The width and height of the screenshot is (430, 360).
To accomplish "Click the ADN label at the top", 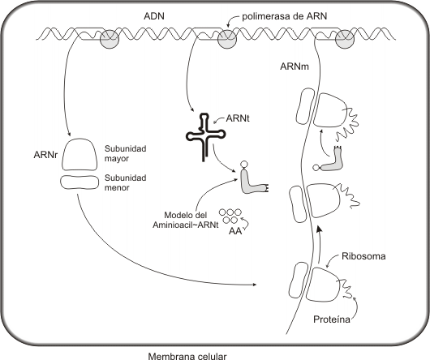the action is (x=154, y=16).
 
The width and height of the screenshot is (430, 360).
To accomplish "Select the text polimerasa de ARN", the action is (x=285, y=16).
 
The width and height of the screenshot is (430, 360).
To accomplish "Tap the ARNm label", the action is (x=295, y=66).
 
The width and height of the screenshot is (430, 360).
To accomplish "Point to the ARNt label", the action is (x=238, y=118).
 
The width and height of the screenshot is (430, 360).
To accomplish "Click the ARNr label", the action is (x=45, y=155).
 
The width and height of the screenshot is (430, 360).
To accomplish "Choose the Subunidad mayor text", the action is (x=125, y=153).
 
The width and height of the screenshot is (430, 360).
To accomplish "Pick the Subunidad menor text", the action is (x=125, y=182).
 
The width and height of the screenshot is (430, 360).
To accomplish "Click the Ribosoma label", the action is (x=363, y=256).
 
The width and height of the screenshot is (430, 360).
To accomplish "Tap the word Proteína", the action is (x=332, y=319).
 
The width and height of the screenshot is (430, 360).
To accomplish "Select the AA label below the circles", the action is (x=235, y=231).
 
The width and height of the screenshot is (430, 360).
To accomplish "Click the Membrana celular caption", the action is (x=187, y=356).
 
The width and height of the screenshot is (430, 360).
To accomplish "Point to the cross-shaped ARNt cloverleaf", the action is (x=206, y=135).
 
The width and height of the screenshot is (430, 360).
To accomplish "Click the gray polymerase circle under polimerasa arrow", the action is (x=227, y=40).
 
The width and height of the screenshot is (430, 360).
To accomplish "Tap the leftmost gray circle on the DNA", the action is (x=110, y=39).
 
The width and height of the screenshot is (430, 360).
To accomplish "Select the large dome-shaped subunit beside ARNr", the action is (x=79, y=154).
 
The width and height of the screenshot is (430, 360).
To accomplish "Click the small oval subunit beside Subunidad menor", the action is (x=80, y=182).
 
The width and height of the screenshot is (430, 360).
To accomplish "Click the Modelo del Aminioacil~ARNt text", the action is (x=185, y=220).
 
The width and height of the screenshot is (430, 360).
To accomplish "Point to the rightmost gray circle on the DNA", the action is (x=345, y=39).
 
